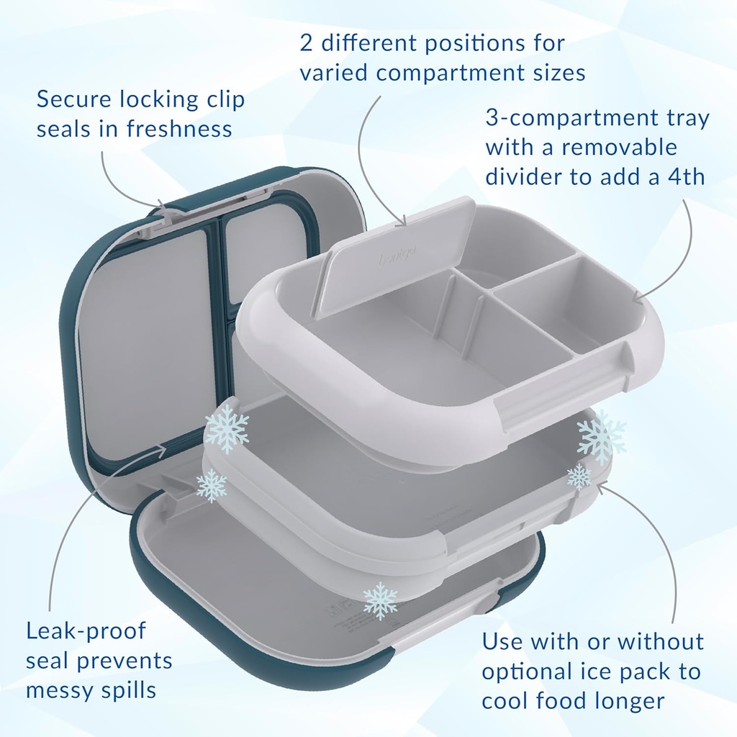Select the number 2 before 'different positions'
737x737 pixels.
[307, 42]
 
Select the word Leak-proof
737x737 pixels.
[86, 631]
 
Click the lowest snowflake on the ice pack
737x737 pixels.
[379, 601]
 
